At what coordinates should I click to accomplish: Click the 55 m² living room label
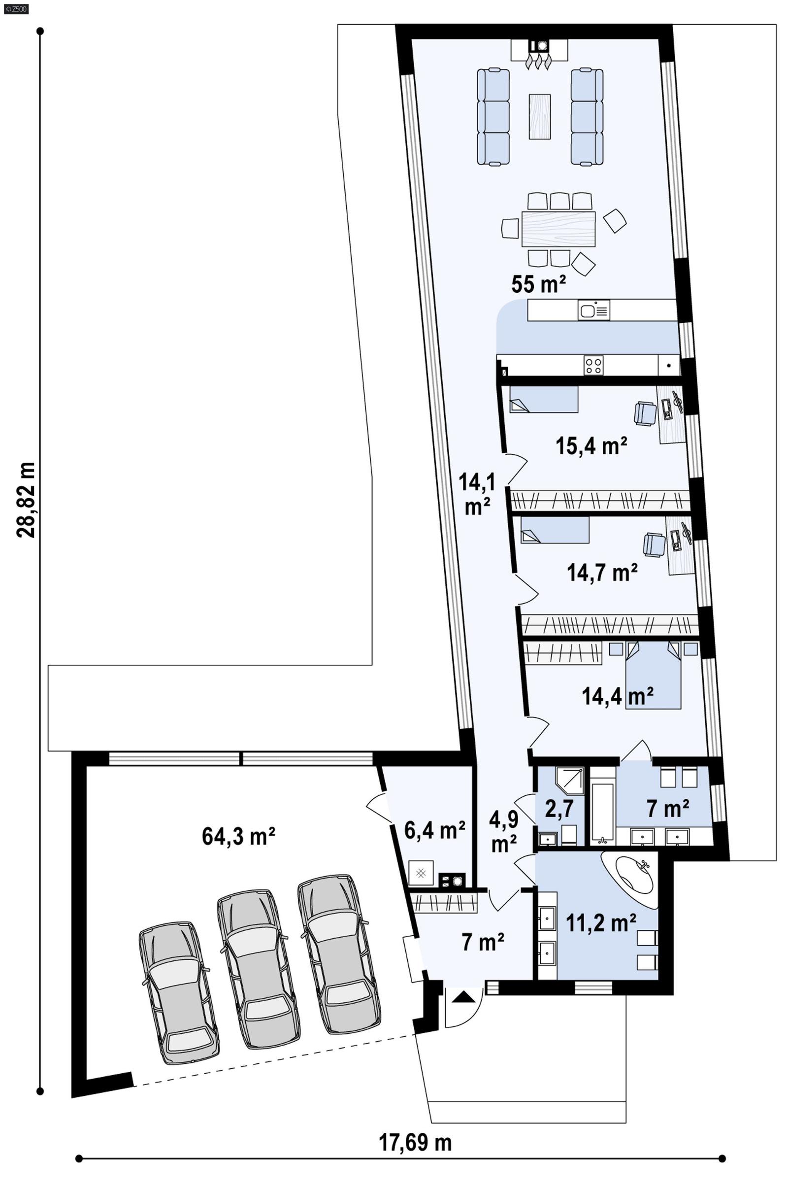click(539, 284)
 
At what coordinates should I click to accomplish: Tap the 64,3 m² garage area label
click(238, 837)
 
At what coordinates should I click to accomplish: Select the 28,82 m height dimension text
click(26, 500)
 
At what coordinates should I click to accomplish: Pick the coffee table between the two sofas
click(539, 117)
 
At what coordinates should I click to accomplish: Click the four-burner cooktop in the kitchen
click(593, 365)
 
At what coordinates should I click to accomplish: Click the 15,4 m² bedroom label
click(591, 446)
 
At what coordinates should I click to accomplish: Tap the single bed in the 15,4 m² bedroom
click(544, 399)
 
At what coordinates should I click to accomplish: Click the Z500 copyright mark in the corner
click(15, 8)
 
